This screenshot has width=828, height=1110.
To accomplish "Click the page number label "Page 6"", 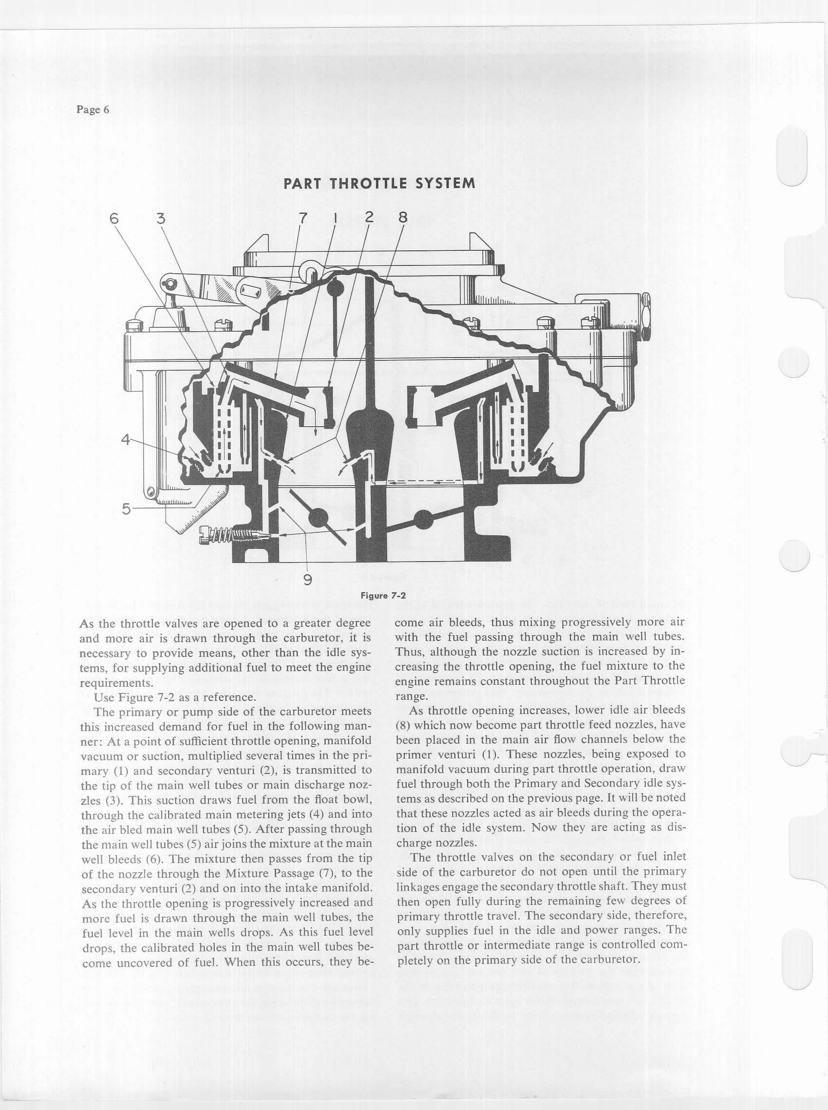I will (x=93, y=110).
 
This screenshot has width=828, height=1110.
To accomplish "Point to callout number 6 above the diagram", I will (x=115, y=219).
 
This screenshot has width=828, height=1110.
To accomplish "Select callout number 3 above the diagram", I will (x=160, y=219).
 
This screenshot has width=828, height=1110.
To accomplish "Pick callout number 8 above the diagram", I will (x=402, y=218).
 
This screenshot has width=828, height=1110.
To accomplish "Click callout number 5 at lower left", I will (x=126, y=508).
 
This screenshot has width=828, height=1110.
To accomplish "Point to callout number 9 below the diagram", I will (x=308, y=580).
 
